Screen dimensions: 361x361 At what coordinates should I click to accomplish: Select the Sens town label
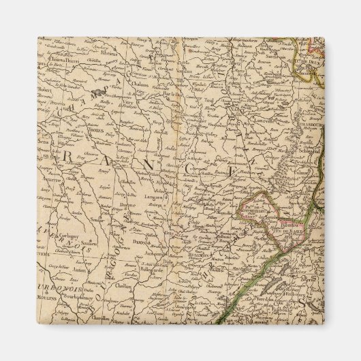pyautogui.click(x=48, y=144)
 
